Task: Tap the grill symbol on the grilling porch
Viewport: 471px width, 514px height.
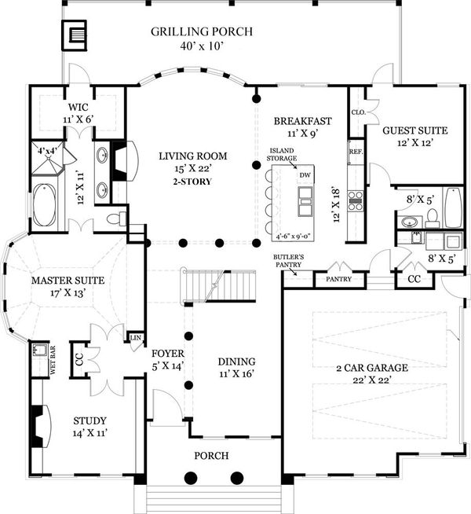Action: [x=75, y=35]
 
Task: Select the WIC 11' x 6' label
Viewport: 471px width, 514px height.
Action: [x=78, y=113]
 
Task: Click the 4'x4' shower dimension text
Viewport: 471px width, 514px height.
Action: [x=47, y=151]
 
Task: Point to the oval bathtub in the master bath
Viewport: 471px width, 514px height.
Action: [x=45, y=205]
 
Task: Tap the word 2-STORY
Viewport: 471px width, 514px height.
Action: [x=192, y=182]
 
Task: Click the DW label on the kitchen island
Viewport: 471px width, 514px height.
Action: [x=305, y=175]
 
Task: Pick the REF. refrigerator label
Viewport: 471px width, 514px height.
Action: [x=356, y=152]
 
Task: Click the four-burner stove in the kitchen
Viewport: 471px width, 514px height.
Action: [x=356, y=200]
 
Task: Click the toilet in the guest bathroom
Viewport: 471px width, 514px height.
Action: [x=433, y=218]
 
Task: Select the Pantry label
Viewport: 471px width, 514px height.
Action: [x=339, y=279]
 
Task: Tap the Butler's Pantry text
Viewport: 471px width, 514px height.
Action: [x=288, y=261]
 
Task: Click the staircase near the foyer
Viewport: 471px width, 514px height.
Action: [x=219, y=285]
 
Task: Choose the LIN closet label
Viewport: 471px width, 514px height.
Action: [x=136, y=337]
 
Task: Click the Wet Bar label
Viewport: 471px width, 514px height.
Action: [x=53, y=360]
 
